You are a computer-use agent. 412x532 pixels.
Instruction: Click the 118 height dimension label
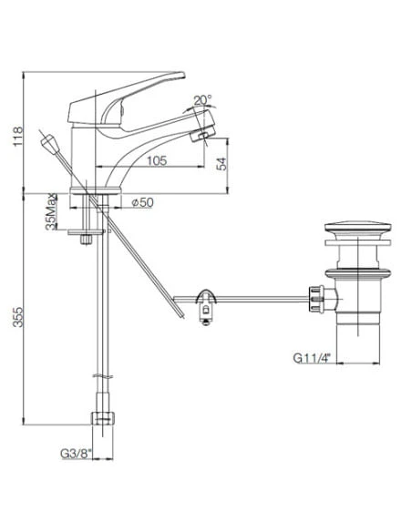point(17,137)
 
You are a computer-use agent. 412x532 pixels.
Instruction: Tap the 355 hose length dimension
point(17,317)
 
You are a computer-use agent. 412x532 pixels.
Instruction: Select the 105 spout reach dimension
point(157,160)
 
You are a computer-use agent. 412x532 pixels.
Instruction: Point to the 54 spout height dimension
point(221,164)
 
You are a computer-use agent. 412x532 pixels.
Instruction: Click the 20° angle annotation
point(202,100)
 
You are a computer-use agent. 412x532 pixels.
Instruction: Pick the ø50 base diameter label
point(143,202)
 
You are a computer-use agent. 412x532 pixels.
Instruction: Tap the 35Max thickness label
point(51,212)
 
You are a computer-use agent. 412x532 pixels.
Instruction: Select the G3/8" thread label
point(77,454)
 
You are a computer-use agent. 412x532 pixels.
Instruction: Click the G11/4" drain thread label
point(312,358)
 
